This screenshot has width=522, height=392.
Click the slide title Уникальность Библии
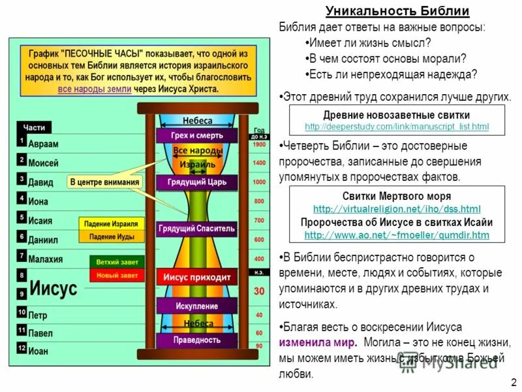[397, 11]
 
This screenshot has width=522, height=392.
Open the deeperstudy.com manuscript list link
[397, 125]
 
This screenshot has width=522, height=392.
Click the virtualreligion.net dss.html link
[397, 209]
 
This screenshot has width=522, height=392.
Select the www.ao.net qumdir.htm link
[397, 235]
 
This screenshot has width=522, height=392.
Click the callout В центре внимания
[104, 182]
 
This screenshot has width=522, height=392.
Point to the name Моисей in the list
[44, 163]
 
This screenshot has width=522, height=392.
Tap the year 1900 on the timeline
[259, 144]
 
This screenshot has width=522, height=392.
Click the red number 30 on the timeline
[259, 290]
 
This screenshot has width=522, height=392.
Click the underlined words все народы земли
[95, 88]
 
